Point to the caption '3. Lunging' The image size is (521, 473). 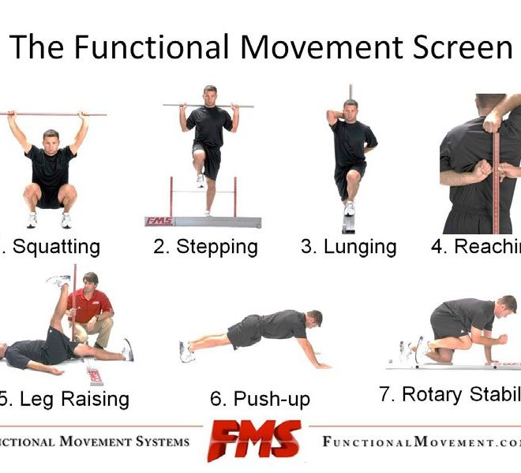coord(348,247)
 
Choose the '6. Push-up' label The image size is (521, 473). coord(260,398)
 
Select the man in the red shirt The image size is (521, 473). coord(90,304)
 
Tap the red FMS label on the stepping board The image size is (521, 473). coord(159,221)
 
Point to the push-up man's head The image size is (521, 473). coord(313,319)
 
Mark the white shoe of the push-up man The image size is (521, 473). coord(186,352)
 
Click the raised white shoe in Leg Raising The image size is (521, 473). coord(58,280)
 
